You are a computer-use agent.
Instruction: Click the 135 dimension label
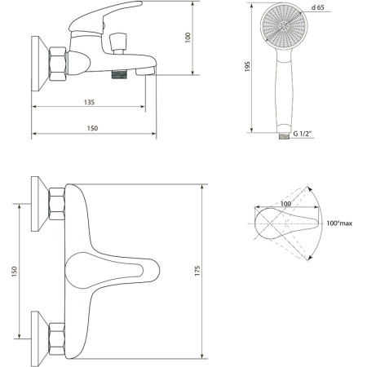89,102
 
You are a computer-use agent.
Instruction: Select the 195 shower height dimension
247,67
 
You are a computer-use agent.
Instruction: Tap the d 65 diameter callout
318,7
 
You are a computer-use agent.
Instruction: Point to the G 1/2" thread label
303,134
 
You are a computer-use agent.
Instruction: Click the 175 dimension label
197,271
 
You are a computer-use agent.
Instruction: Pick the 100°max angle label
339,223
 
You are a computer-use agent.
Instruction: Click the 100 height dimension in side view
188,38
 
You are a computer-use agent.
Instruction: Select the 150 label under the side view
92,128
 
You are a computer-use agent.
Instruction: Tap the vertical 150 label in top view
14,272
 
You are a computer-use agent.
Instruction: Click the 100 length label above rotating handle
285,204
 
